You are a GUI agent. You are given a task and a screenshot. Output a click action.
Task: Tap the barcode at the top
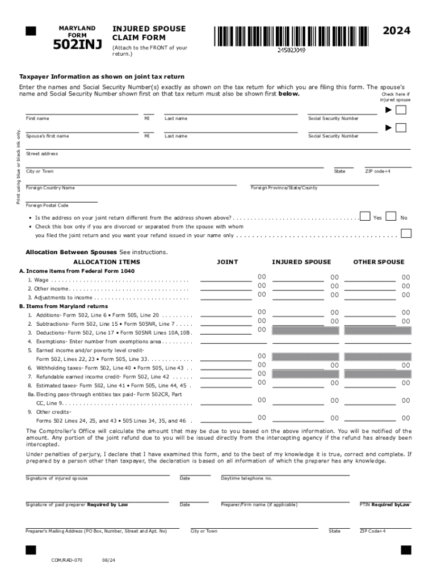291,36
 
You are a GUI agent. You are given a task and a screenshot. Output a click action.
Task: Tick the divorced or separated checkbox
405,233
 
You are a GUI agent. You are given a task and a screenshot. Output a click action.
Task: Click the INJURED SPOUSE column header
301,262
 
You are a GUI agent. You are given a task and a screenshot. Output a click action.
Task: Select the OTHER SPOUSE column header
379,262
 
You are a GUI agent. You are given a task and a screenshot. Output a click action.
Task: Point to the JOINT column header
228,262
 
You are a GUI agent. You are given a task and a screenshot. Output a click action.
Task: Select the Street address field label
42,154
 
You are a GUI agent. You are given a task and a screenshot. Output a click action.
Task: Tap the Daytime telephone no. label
246,478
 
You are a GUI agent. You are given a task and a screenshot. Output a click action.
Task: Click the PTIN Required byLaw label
384,504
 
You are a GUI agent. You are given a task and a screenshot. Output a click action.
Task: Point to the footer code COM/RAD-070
66,559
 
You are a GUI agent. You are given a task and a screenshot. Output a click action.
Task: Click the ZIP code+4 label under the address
377,171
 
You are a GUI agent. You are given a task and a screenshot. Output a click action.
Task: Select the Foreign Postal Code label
47,205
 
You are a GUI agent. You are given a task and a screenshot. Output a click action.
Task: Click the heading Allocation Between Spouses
71,252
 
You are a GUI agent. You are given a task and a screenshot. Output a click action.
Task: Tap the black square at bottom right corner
405,550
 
